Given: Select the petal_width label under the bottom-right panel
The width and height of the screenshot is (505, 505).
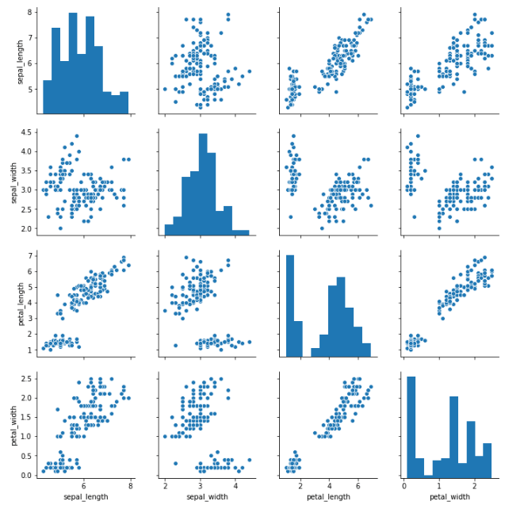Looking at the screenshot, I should [450, 497].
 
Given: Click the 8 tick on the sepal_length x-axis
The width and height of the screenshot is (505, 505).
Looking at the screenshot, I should [130, 484].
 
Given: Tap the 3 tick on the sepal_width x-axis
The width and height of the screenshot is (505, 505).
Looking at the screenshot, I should [201, 484].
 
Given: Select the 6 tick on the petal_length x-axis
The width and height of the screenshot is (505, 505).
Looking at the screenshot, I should [358, 484].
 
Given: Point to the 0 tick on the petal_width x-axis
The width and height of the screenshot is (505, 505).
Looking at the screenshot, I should [404, 484].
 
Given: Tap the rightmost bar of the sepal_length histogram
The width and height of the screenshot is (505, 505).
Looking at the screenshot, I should [124, 104].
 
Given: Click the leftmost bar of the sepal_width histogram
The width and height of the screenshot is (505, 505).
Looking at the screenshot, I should [169, 230].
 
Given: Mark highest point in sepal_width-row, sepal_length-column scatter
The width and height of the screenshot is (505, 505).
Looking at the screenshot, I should [76, 136].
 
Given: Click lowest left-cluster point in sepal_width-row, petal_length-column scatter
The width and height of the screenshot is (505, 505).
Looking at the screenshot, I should [291, 216].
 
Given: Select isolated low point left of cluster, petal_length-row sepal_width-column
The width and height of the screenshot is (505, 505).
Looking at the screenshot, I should [175, 345].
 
